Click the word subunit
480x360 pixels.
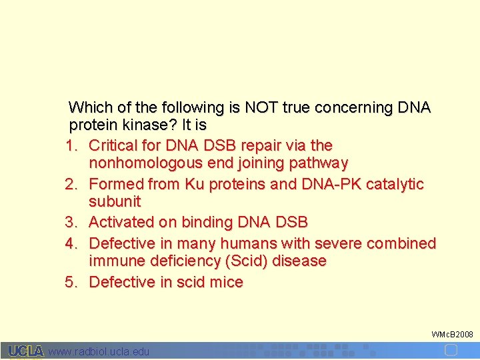pyautogui.click(x=115, y=202)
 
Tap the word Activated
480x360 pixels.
pyautogui.click(x=123, y=223)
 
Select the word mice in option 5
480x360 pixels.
pyautogui.click(x=226, y=282)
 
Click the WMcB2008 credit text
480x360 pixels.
pyautogui.click(x=452, y=333)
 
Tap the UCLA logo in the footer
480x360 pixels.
pyautogui.click(x=26, y=351)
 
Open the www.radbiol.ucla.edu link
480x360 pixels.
pyautogui.click(x=99, y=351)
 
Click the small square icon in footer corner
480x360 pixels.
pyautogui.click(x=451, y=351)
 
